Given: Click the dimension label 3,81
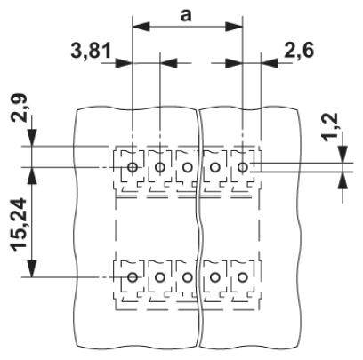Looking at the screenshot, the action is [x=91, y=51].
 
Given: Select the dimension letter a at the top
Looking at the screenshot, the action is [x=186, y=15].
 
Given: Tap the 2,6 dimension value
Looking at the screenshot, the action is [x=298, y=51].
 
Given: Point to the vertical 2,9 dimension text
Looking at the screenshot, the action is [x=20, y=108].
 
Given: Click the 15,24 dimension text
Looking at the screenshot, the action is [x=20, y=225].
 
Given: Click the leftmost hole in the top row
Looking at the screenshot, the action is [x=133, y=167].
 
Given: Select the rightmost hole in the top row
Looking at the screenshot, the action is [x=243, y=167].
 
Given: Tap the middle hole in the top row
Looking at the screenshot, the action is [x=187, y=167].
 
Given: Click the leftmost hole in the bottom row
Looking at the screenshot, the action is [x=133, y=277].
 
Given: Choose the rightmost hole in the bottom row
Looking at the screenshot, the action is [x=243, y=277].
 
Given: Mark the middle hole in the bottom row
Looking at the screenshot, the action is [x=187, y=277].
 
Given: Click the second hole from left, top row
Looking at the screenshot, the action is [x=160, y=167].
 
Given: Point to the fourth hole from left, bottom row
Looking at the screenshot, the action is [x=214, y=277].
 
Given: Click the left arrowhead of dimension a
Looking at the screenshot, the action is [x=141, y=27].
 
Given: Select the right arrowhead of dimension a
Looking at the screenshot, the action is [x=234, y=27].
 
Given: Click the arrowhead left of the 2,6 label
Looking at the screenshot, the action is [x=269, y=63].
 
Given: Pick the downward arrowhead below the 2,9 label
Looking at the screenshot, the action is [x=32, y=138].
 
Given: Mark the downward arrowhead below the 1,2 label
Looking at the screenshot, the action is [x=343, y=155].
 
